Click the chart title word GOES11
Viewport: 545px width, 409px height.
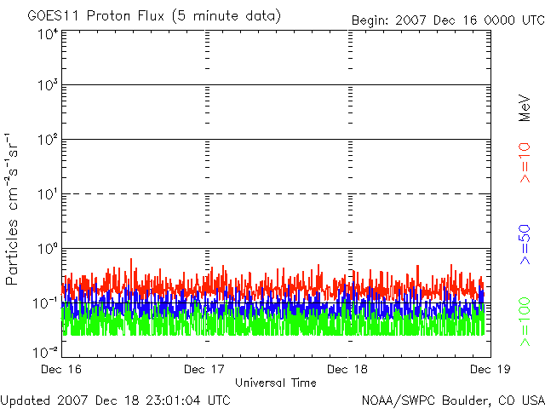click(50, 16)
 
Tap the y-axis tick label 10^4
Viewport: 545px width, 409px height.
click(47, 34)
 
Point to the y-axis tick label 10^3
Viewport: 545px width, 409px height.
click(47, 86)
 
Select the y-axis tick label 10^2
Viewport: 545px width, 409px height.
click(47, 141)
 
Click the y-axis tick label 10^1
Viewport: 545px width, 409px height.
click(47, 195)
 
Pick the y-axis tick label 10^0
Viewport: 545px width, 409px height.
click(47, 250)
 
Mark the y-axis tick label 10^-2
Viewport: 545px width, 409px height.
click(46, 352)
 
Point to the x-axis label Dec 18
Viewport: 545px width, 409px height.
click(348, 370)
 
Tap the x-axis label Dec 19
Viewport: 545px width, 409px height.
click(488, 370)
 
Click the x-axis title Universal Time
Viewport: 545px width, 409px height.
click(275, 383)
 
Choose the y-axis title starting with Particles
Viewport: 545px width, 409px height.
click(14, 208)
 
